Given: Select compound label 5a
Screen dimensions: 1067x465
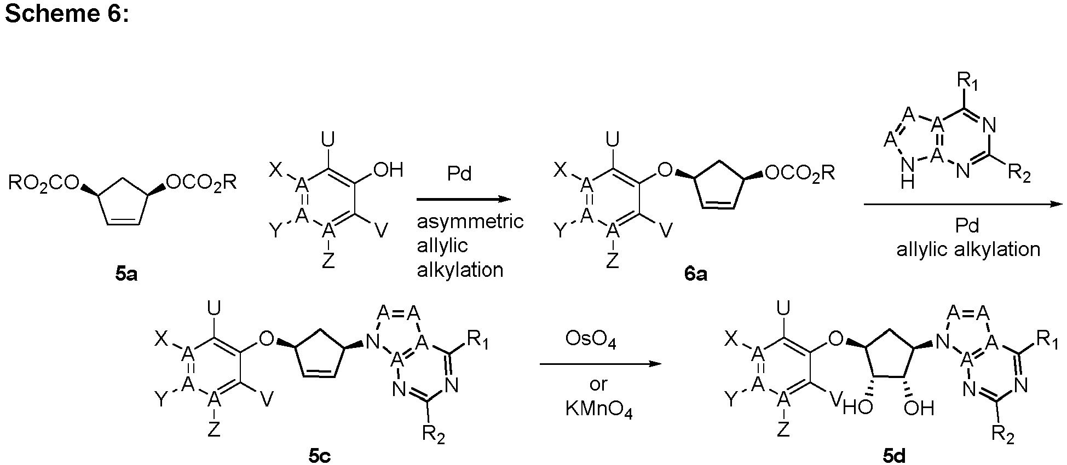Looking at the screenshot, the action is [x=126, y=275].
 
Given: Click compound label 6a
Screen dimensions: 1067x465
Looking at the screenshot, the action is [x=696, y=275].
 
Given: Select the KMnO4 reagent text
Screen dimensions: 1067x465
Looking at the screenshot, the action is [x=599, y=410].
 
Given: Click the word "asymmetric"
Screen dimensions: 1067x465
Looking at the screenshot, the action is [x=470, y=222].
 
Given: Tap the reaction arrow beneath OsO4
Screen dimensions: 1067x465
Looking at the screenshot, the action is [x=598, y=364].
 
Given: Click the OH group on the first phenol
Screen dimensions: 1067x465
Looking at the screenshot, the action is [x=388, y=170].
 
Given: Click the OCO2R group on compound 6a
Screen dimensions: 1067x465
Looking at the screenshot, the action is [x=800, y=173].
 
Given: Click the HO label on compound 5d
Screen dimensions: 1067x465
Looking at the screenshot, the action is [x=858, y=408].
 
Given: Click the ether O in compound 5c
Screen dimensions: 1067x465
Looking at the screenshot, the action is [x=266, y=339].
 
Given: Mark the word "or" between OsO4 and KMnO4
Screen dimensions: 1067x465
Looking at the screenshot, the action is [x=598, y=383].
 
